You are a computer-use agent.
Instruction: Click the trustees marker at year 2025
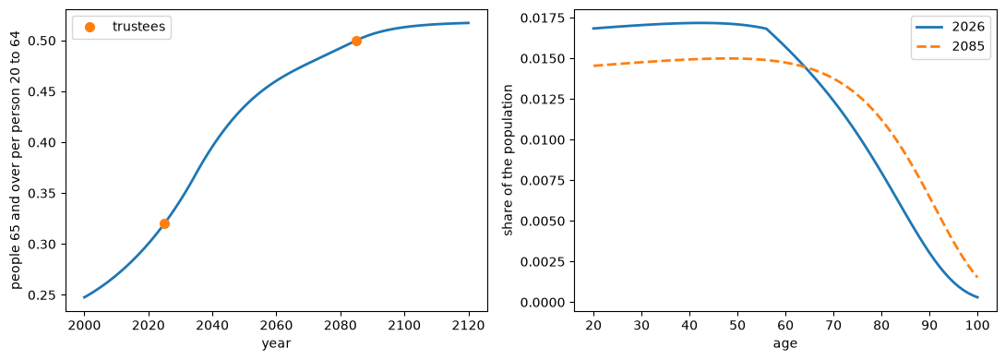[x=164, y=223]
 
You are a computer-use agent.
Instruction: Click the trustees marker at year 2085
[x=356, y=41]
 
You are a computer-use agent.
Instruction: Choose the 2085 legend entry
[x=950, y=46]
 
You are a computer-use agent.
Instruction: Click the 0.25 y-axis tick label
[x=50, y=295]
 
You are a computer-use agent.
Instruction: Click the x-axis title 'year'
[x=276, y=344]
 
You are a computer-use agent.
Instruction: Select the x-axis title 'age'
[x=785, y=344]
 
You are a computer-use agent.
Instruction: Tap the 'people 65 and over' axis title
[x=16, y=160]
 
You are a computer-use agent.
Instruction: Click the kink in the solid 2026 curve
[x=766, y=29]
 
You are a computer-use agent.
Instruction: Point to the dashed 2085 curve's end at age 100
[x=978, y=277]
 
